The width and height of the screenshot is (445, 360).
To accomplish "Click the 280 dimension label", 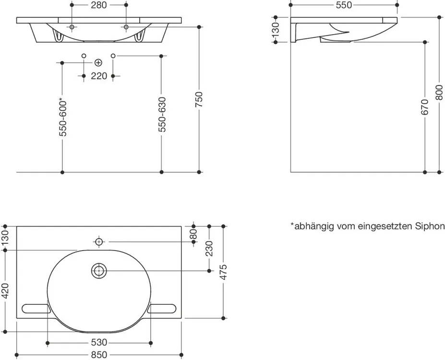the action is (x=99, y=5).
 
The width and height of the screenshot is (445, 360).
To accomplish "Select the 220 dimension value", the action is (x=99, y=76).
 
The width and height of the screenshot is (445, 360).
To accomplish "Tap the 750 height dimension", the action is (x=199, y=99).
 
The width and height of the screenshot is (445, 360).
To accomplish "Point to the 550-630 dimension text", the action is (x=161, y=115).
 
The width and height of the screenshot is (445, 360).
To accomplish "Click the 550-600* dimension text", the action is (x=63, y=117).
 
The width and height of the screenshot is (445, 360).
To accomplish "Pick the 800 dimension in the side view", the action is (x=439, y=93).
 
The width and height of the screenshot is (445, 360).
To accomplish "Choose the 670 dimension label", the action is (x=424, y=107).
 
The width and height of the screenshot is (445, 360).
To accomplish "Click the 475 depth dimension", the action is (x=224, y=272).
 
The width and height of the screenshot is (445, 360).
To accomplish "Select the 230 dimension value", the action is (x=209, y=249).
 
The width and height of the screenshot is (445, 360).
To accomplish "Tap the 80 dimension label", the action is (x=193, y=234).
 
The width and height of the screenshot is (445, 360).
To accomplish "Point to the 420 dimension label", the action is (x=5, y=291).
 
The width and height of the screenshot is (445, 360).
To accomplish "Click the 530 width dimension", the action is (x=99, y=343).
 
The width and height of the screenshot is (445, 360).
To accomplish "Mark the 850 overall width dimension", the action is (x=99, y=355).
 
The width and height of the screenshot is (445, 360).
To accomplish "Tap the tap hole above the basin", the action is (x=99, y=242).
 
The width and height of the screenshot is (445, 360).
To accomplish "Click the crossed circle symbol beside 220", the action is (x=98, y=62).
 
